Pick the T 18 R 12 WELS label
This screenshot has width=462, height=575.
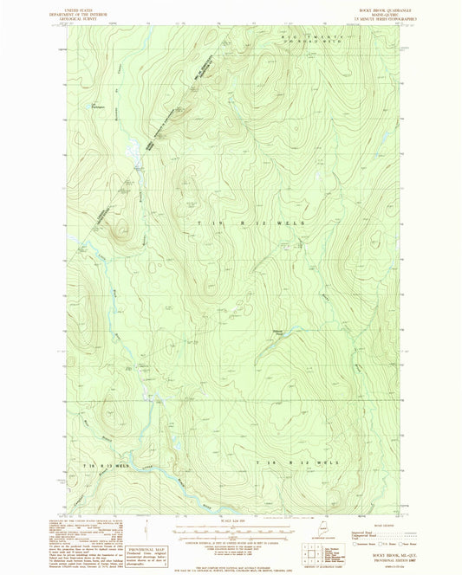point(294,464)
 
